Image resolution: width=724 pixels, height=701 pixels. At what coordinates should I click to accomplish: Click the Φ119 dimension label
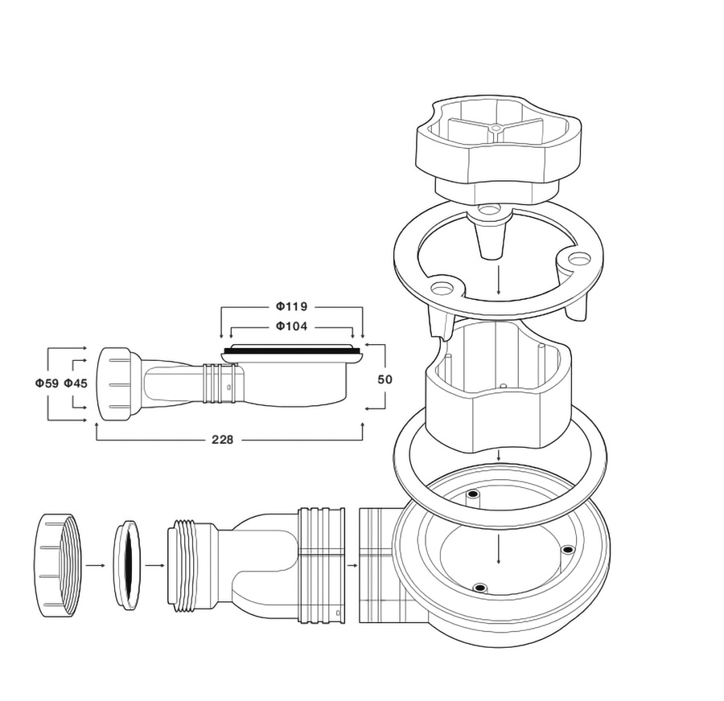pyautogui.click(x=291, y=306)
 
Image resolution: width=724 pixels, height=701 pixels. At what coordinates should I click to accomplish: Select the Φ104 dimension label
pyautogui.click(x=291, y=326)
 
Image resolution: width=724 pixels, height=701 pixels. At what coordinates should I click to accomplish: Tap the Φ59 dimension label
pyautogui.click(x=47, y=383)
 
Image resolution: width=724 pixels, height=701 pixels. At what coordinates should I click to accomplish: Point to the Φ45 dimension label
pyautogui.click(x=76, y=383)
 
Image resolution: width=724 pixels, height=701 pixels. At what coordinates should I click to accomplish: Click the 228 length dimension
pyautogui.click(x=223, y=440)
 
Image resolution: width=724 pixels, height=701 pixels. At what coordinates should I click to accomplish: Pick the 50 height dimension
pyautogui.click(x=385, y=379)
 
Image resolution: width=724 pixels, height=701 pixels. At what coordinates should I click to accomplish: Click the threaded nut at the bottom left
pyautogui.click(x=57, y=564)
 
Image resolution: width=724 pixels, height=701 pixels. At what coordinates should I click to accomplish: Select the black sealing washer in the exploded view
pyautogui.click(x=126, y=565)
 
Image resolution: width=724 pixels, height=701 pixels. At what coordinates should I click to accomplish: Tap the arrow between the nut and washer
pyautogui.click(x=96, y=565)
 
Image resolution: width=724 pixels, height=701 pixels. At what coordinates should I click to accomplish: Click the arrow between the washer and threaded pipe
pyautogui.click(x=154, y=565)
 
